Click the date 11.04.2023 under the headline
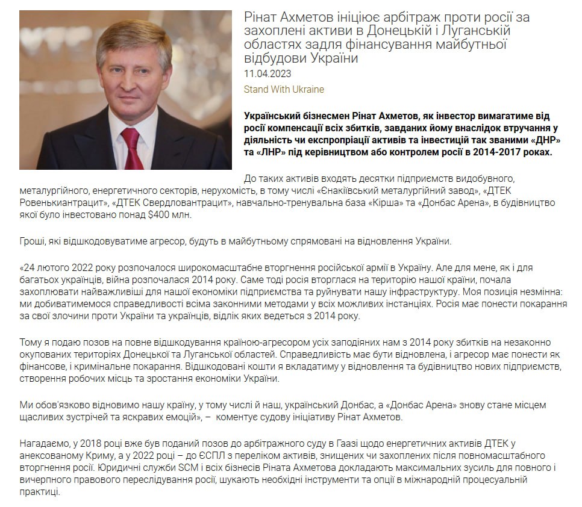(268, 74)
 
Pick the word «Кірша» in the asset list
(379, 203)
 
